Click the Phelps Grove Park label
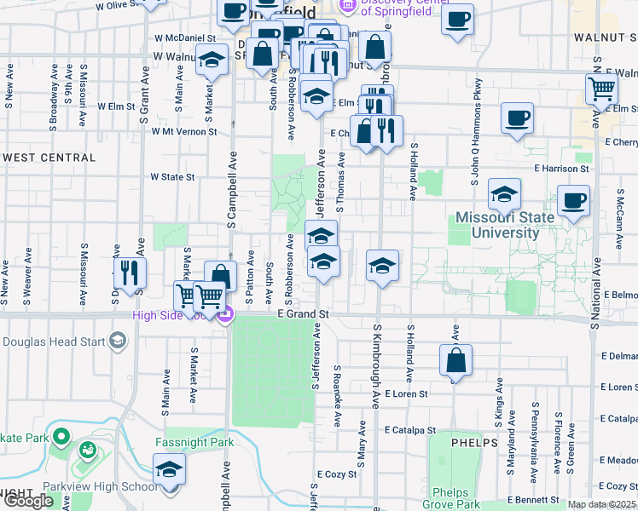[x=456, y=498]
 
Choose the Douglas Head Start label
[x=53, y=342]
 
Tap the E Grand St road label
[x=303, y=314]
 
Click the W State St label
[x=173, y=177]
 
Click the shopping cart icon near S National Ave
[x=602, y=89]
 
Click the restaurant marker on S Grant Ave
[x=130, y=273]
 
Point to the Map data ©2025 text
[x=601, y=504]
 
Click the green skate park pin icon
[x=61, y=438]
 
